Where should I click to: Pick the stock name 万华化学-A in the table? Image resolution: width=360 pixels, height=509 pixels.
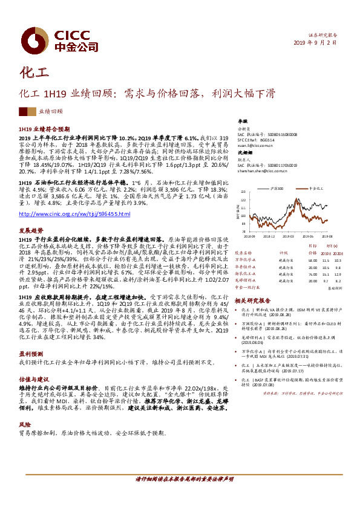tap(246, 259)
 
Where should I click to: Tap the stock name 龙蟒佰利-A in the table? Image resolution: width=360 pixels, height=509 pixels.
tap(246, 280)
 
